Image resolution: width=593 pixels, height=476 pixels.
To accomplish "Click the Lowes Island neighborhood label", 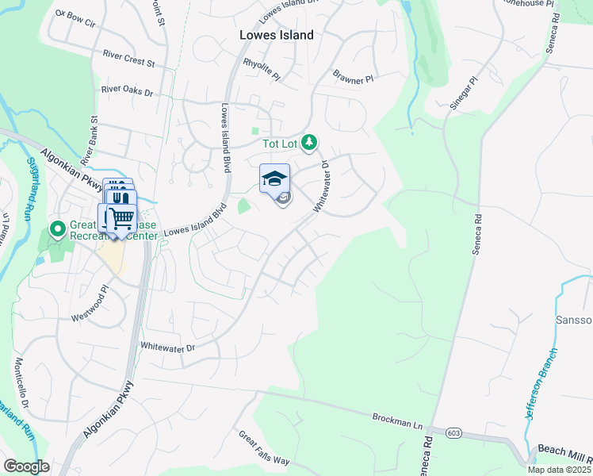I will pyautogui.click(x=277, y=35).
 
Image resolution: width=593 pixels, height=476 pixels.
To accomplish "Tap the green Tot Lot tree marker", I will pyautogui.click(x=309, y=143).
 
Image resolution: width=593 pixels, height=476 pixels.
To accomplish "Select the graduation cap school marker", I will pyautogui.click(x=274, y=178).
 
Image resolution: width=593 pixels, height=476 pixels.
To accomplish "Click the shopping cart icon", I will pyautogui.click(x=120, y=218).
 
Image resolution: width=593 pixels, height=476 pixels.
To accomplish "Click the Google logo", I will pyautogui.click(x=26, y=466).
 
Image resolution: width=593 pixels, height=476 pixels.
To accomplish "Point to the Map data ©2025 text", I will pyautogui.click(x=560, y=470).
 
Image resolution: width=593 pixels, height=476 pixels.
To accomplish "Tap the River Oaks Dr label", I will pyautogui.click(x=127, y=91).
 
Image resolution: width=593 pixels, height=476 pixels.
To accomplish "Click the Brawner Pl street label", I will pyautogui.click(x=353, y=77).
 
